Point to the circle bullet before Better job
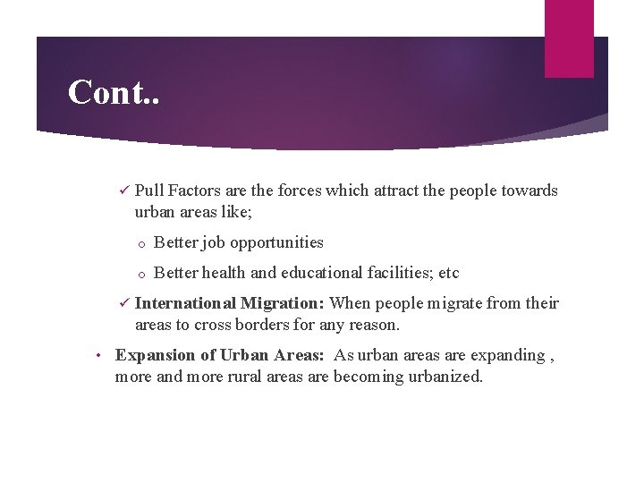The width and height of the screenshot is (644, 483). tap(141, 243)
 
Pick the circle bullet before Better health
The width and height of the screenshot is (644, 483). tap(141, 274)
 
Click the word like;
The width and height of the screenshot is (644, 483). tap(241, 212)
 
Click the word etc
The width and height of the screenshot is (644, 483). tap(447, 273)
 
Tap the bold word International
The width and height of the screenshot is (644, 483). tap(185, 303)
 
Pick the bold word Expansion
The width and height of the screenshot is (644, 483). tap(153, 355)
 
